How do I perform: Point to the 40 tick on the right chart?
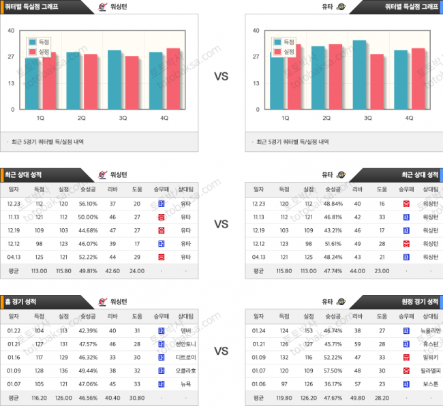pyautogui.click(x=255, y=30)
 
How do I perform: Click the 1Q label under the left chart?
pyautogui.click(x=40, y=118)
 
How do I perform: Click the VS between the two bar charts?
pyautogui.click(x=221, y=76)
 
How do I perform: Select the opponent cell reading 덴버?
pyautogui.click(x=185, y=330)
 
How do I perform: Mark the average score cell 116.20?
pyautogui.click(x=39, y=399)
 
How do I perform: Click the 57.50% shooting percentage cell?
pyautogui.click(x=334, y=371)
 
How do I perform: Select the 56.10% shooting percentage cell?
pyautogui.click(x=89, y=203)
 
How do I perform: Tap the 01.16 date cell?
pyautogui.click(x=14, y=358)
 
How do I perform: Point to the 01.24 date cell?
pyautogui.click(x=259, y=330)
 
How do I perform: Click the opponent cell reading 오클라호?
pyautogui.click(x=185, y=371)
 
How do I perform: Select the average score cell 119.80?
pyautogui.click(x=284, y=399)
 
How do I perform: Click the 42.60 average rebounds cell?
pyautogui.click(x=112, y=270)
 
